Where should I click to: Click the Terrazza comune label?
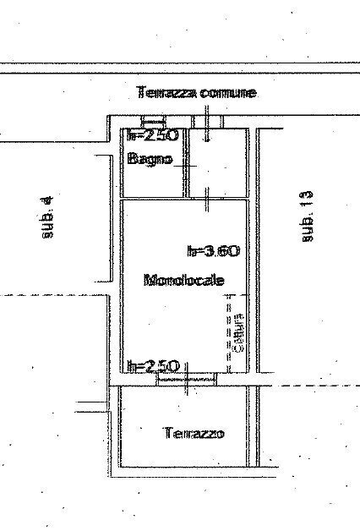tap(196, 93)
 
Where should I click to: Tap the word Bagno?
tap(150, 158)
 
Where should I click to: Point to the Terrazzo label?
tap(194, 433)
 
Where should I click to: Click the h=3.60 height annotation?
tap(214, 250)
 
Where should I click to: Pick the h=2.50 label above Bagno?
tap(152, 135)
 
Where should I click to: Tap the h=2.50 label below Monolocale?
tap(152, 366)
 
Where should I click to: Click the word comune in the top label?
tap(228, 93)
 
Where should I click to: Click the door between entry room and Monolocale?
tap(208, 198)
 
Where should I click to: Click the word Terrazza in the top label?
tap(167, 93)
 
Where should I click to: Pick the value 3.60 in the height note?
tap(223, 250)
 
